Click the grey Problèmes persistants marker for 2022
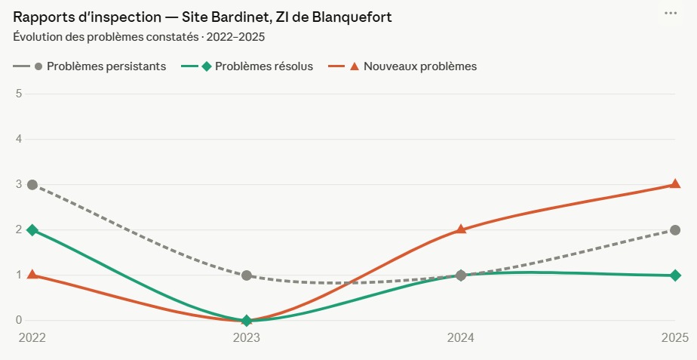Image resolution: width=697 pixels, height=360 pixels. (x=32, y=185)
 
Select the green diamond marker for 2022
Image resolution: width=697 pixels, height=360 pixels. (x=32, y=230)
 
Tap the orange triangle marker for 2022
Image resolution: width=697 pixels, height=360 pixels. (x=32, y=275)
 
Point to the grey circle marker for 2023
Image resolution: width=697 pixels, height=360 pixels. (x=247, y=275)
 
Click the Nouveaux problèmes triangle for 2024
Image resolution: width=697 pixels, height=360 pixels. (x=461, y=229)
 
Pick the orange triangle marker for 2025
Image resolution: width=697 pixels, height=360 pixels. (x=675, y=184)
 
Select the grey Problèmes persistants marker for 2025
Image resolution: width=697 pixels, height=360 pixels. (x=675, y=230)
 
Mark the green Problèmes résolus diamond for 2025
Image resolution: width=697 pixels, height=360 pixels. (x=675, y=275)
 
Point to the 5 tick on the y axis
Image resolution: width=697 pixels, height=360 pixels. (x=20, y=94)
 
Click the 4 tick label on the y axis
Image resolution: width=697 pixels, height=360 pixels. (x=20, y=139)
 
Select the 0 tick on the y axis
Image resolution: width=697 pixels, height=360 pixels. (x=20, y=320)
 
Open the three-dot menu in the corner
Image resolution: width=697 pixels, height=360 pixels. (x=670, y=14)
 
